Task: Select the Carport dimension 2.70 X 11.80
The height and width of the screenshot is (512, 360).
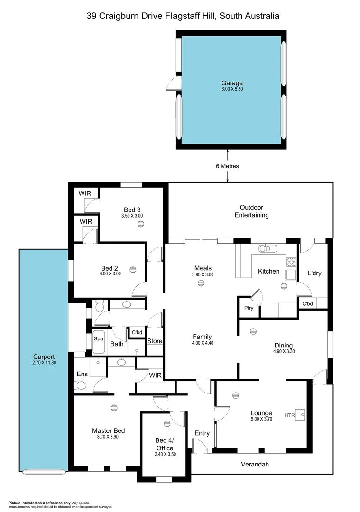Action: [x=44, y=363]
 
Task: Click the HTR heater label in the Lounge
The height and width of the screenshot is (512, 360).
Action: [x=289, y=415]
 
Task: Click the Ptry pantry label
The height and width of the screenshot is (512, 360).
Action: [x=249, y=308]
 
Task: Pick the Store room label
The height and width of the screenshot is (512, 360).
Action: [x=155, y=341]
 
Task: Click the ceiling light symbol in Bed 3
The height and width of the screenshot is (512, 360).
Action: [x=141, y=224]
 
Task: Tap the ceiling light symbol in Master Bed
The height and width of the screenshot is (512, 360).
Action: [x=113, y=407]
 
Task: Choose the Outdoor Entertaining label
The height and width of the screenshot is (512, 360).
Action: [x=251, y=211]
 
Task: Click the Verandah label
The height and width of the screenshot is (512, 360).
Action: [x=254, y=464]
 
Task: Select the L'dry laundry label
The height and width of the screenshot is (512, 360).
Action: [x=315, y=273]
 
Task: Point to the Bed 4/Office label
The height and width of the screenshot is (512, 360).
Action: [x=165, y=444]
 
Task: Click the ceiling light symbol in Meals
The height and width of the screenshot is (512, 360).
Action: [x=202, y=283]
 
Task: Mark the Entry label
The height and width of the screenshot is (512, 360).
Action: [x=202, y=433]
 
